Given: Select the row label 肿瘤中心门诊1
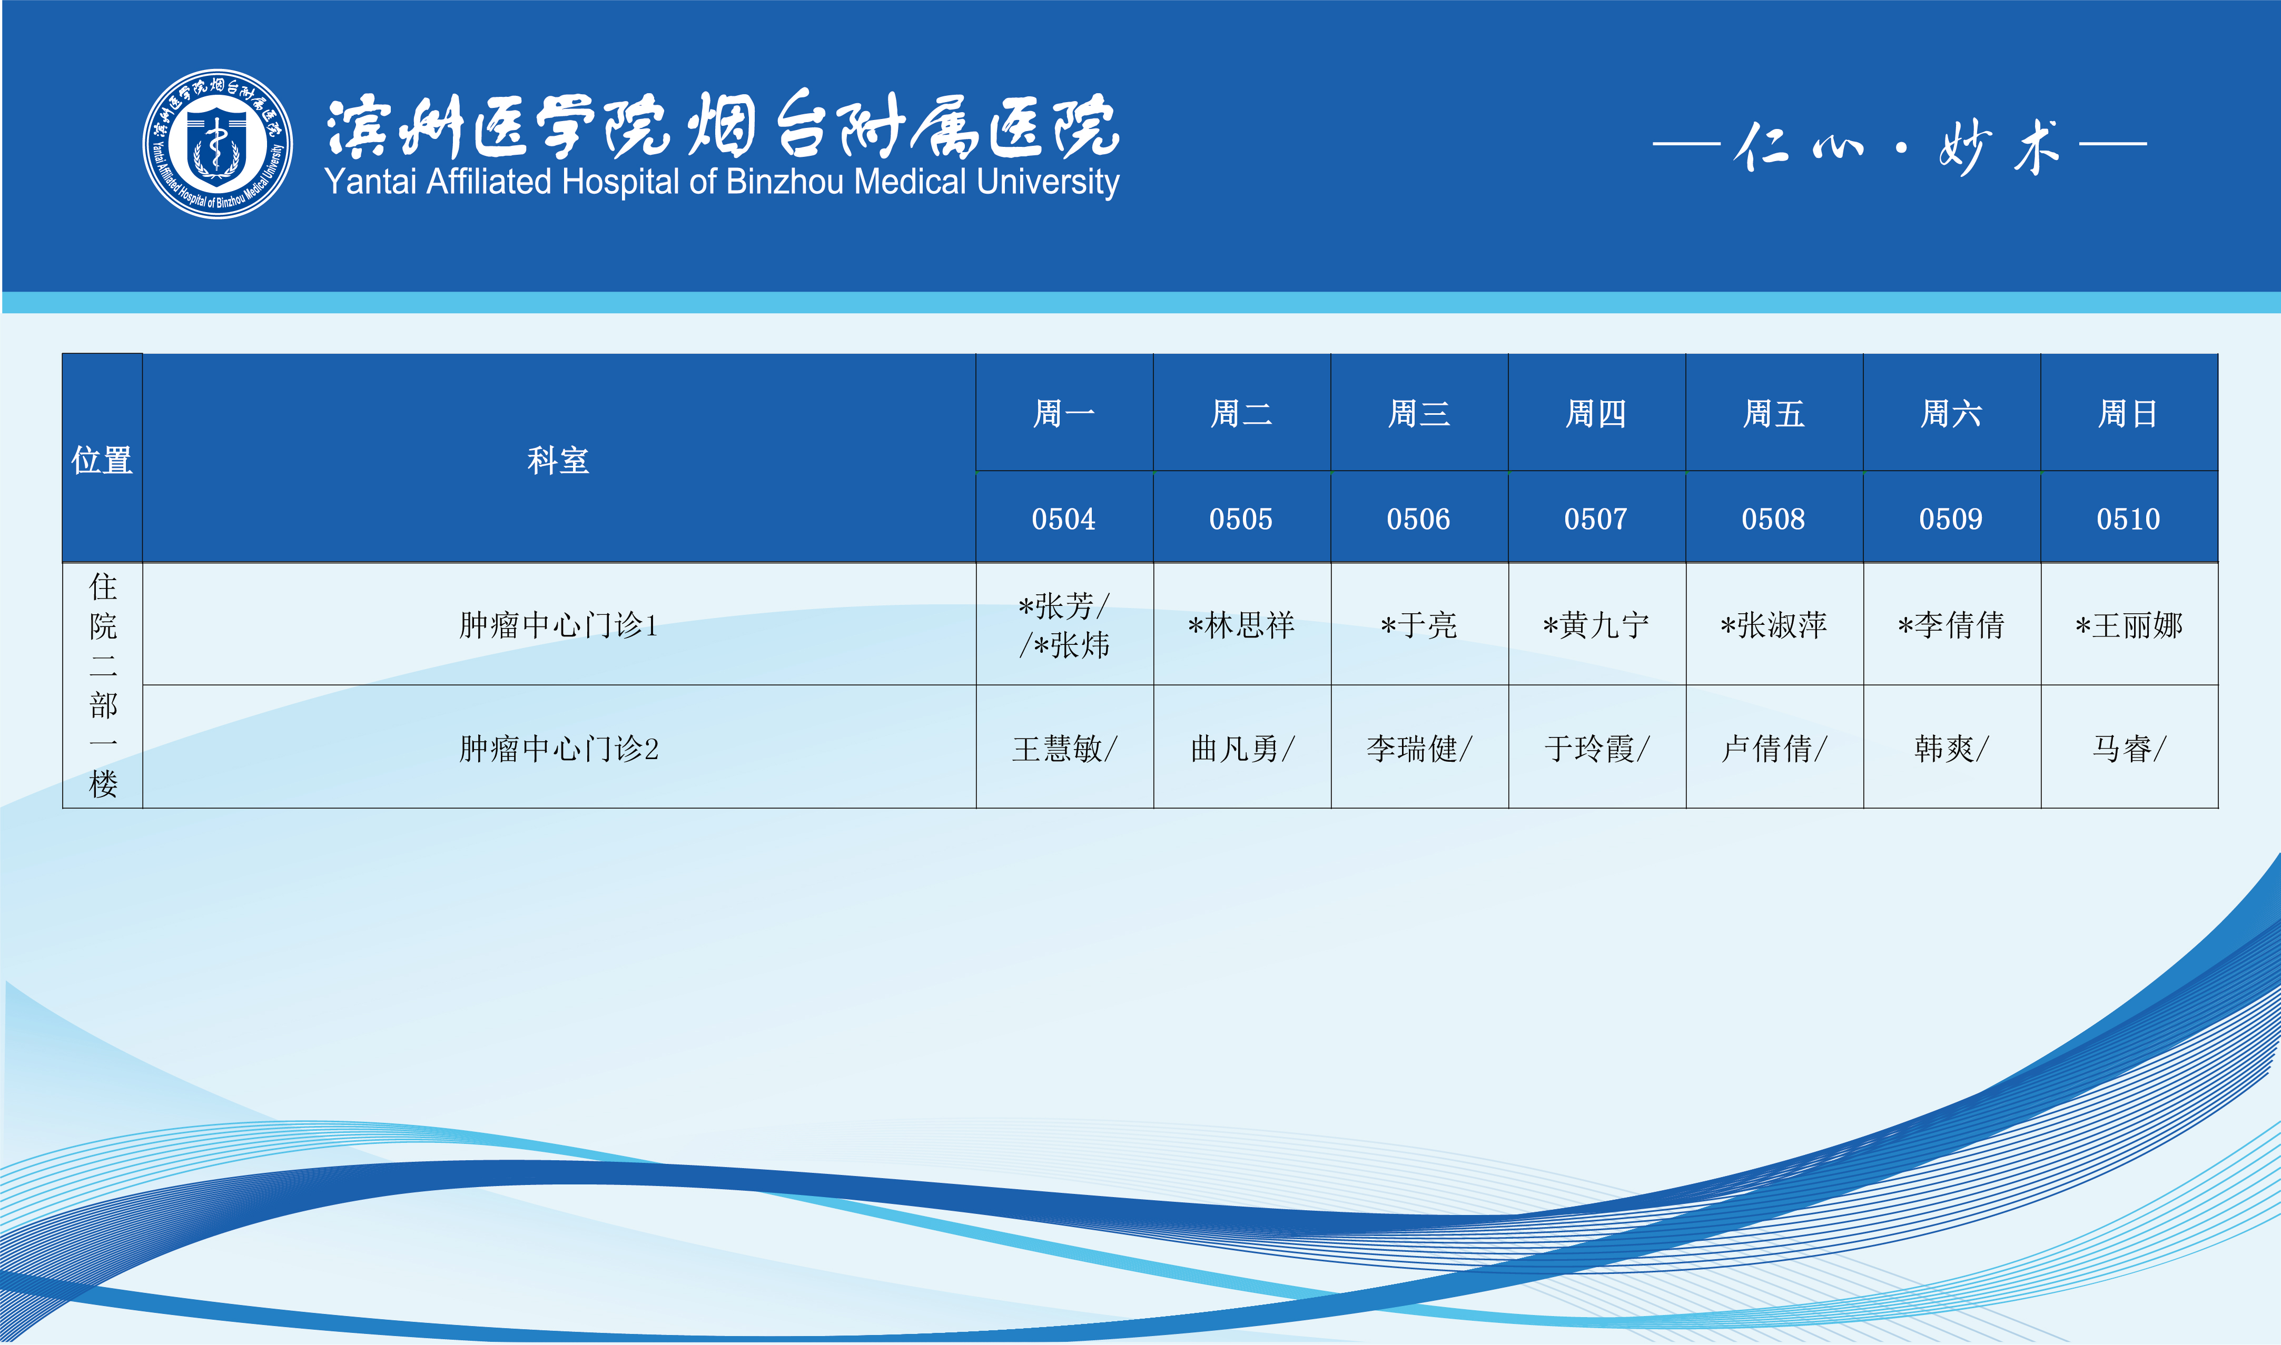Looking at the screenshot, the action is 558,624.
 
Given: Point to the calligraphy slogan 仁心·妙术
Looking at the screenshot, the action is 1899,145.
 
